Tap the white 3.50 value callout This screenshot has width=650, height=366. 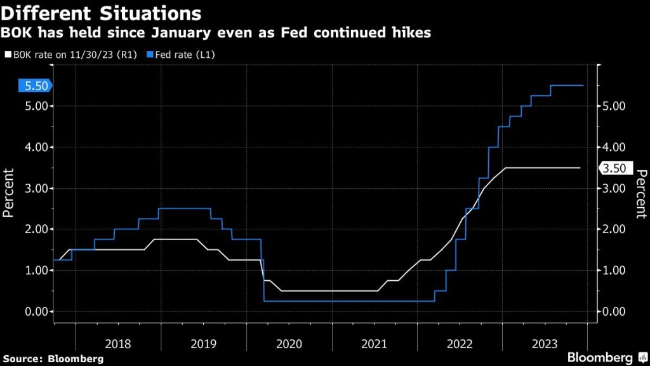click(613, 168)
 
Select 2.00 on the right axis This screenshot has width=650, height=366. click(613, 229)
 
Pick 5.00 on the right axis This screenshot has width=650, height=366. click(613, 106)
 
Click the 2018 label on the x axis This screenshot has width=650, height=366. click(118, 344)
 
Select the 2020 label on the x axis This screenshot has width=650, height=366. click(289, 344)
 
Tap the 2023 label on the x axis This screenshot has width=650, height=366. click(545, 344)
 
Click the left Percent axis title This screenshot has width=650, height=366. click(8, 193)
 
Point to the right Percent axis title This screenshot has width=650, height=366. click(641, 194)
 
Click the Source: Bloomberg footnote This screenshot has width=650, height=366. click(53, 359)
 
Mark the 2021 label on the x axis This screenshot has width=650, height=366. click(374, 344)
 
